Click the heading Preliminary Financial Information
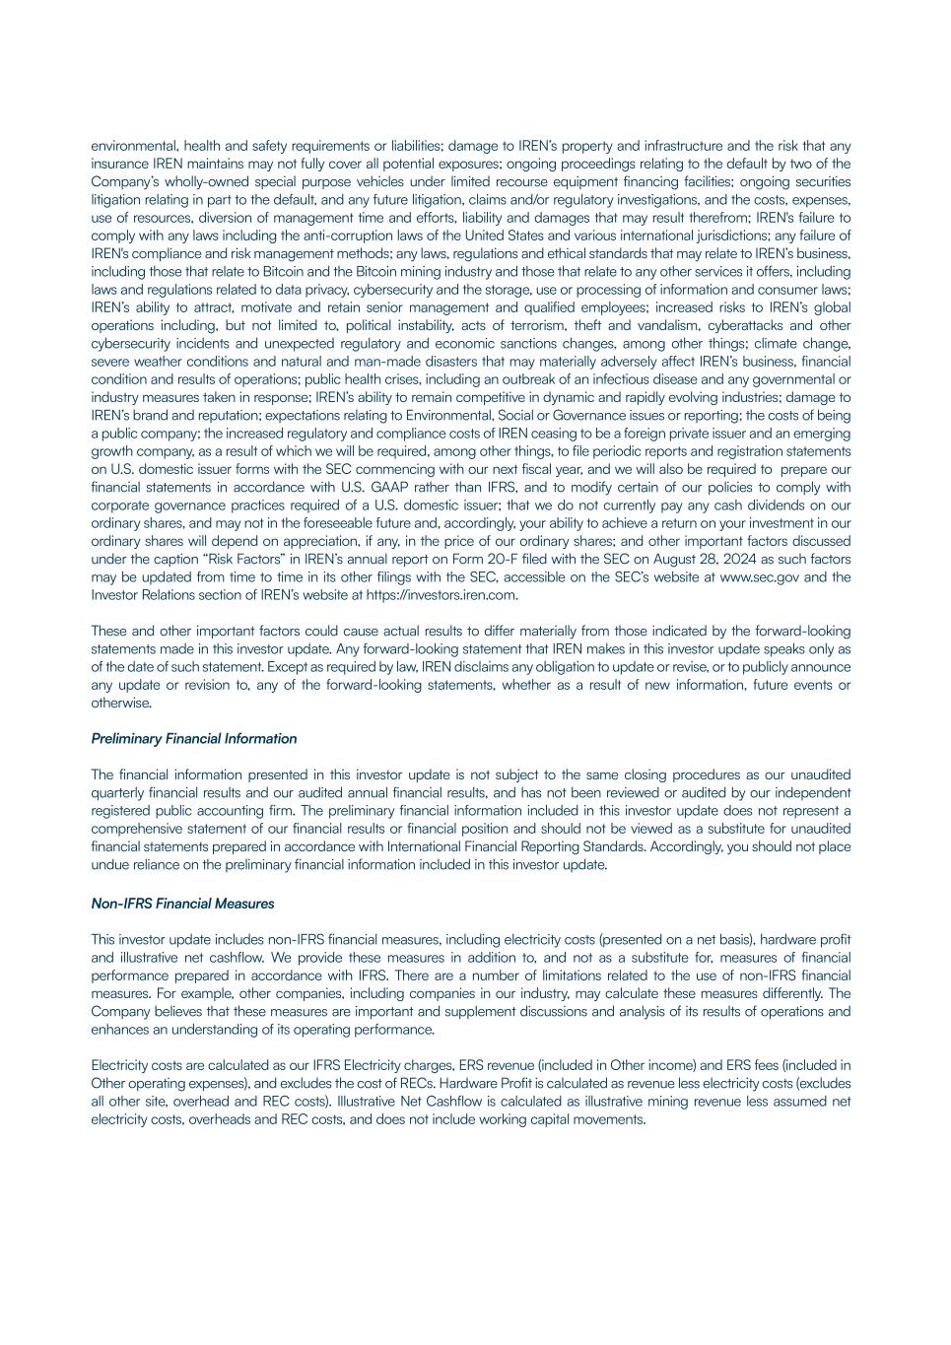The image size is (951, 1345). pos(193,739)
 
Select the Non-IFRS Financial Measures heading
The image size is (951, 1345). pos(182,904)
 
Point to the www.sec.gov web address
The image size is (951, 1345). pos(759,577)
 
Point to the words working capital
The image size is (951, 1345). pos(532,1119)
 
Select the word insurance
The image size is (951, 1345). pos(117,164)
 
